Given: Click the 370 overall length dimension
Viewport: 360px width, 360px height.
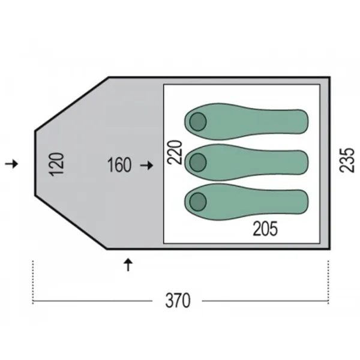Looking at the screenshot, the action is (178, 301).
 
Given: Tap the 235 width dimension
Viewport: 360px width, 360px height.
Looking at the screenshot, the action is (347, 160).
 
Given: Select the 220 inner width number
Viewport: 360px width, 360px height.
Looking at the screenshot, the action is (175, 152).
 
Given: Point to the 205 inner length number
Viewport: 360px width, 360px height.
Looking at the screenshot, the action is (265, 229).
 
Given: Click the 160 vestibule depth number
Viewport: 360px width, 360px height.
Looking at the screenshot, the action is (119, 165).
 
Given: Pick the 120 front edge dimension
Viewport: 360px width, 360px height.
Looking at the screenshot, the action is (56, 164).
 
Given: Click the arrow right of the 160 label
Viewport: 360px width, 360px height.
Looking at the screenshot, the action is (147, 166).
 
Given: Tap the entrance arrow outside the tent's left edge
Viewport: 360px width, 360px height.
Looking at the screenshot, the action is (12, 164).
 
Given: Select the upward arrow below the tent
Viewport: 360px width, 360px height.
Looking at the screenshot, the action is (128, 265).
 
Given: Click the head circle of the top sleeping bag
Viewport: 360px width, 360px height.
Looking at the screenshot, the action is (198, 122).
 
